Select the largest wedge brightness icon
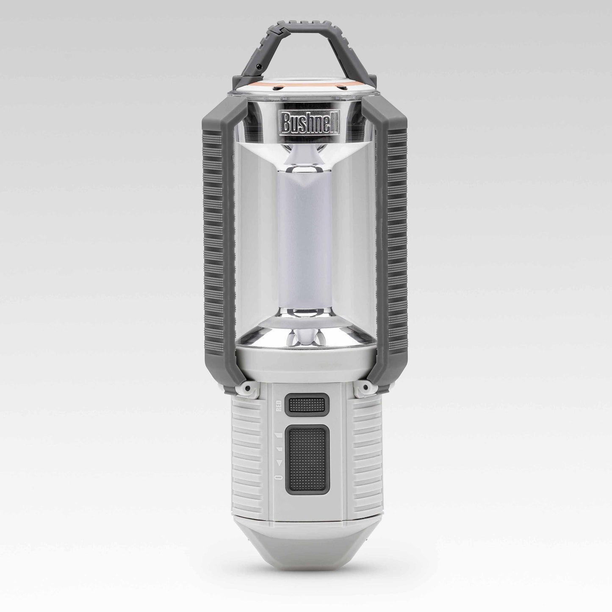279,435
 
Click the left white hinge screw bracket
247,387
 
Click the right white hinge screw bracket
365,387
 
